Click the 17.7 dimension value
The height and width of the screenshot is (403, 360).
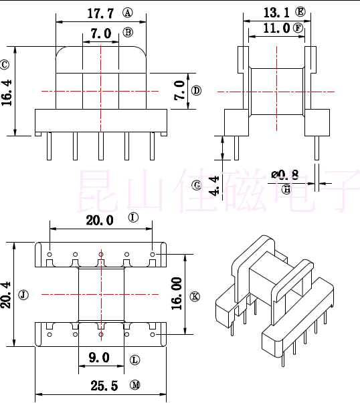tap(100, 13)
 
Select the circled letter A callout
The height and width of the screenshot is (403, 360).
tap(128, 13)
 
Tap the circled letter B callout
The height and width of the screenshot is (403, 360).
tap(128, 32)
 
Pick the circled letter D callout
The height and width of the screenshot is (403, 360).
tap(196, 91)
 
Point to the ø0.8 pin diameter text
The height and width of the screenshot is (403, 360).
tap(285, 175)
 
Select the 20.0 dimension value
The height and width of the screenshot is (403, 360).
tap(100, 221)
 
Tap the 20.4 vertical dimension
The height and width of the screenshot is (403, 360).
tap(7, 295)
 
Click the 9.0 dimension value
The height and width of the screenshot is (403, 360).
tap(99, 358)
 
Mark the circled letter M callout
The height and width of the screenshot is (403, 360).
tap(135, 385)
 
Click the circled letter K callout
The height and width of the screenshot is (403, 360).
tap(195, 296)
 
